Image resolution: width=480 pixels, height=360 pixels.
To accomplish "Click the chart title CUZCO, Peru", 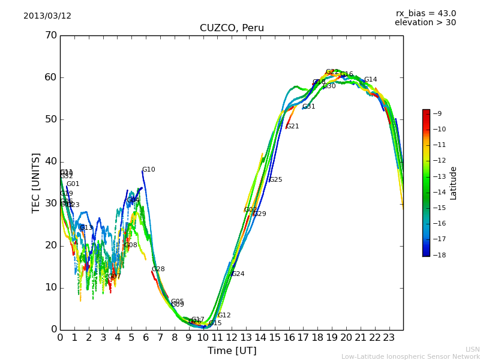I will [x=232, y=28].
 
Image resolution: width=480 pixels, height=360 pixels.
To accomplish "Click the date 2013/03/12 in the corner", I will [x=47, y=16].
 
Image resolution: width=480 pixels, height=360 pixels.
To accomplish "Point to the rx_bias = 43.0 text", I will [x=425, y=14].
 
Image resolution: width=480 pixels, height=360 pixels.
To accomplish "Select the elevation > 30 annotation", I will [x=425, y=23].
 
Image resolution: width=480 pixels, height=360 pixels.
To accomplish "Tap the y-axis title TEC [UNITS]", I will [x=36, y=182].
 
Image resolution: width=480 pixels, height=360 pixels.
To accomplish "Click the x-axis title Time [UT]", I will [x=232, y=351].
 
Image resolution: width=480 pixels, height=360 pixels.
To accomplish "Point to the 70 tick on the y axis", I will [x=51, y=35].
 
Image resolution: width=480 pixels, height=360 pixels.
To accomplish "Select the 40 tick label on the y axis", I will [x=51, y=161].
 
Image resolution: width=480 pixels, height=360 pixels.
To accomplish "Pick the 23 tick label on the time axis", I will [x=389, y=338].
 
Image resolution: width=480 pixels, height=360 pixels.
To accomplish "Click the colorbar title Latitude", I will [x=454, y=183].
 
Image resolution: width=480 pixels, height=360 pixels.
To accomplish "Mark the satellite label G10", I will [x=148, y=170].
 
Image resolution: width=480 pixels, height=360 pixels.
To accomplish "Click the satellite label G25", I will [x=275, y=180].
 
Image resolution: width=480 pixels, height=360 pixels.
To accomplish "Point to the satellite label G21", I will [x=292, y=127].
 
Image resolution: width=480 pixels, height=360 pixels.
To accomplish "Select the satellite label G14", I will [x=370, y=80].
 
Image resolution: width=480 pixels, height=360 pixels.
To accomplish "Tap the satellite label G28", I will [x=158, y=269].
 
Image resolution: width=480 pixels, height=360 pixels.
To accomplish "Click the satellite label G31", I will [x=308, y=107].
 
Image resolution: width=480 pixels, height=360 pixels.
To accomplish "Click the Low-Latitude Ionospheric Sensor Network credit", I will [x=410, y=356].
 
